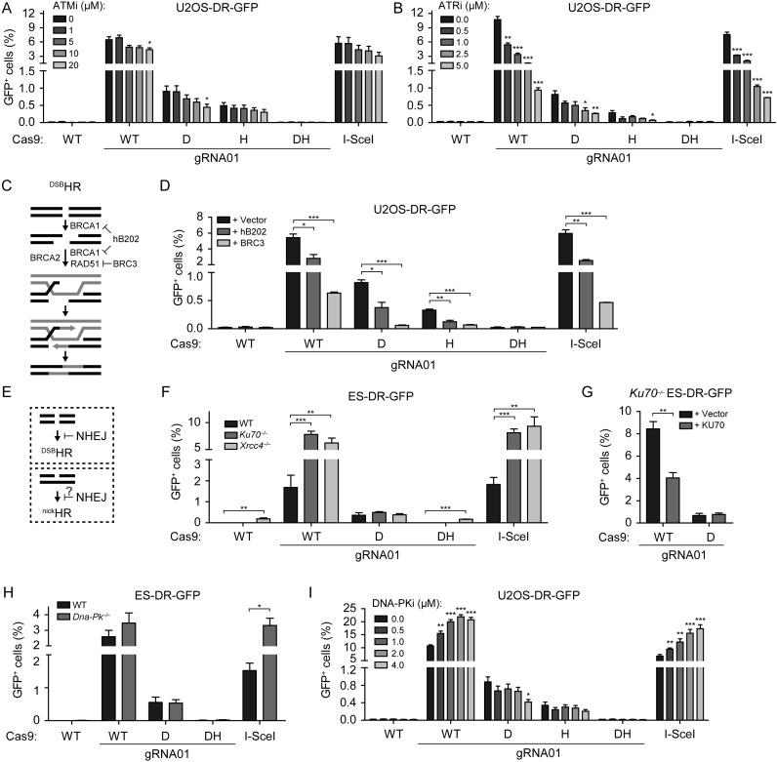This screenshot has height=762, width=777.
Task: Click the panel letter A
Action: coord(8,9)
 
